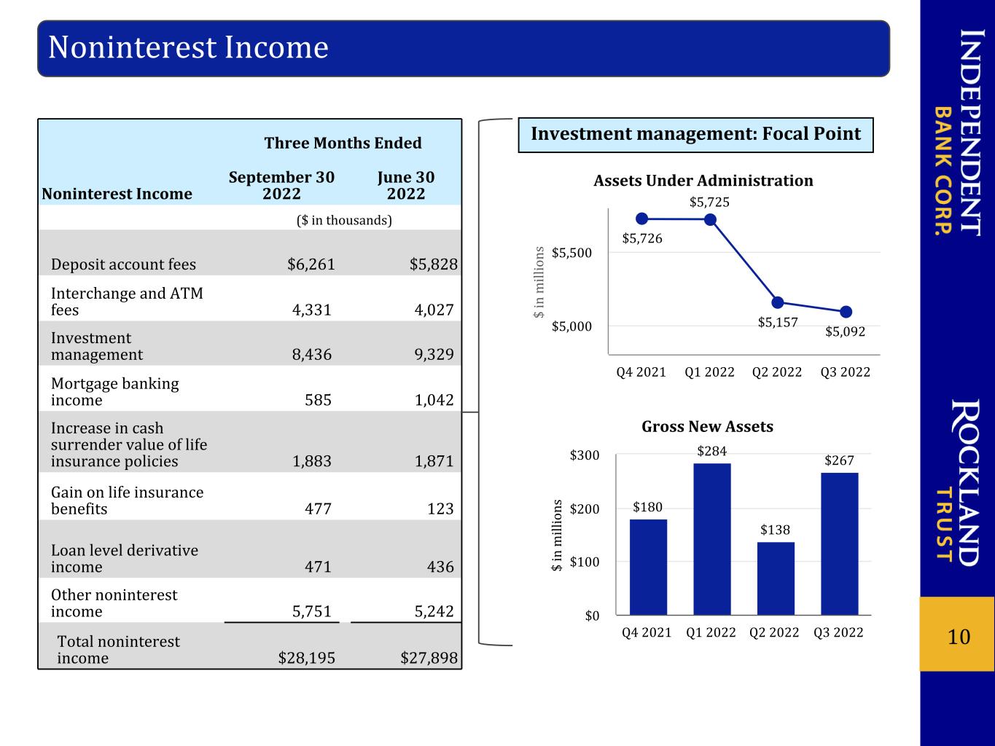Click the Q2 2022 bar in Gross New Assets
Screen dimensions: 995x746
[776, 578]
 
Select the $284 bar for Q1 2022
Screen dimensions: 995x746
[712, 539]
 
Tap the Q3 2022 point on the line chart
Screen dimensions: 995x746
[846, 312]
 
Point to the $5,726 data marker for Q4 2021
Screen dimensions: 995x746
[642, 219]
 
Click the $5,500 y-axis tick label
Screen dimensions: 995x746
[571, 252]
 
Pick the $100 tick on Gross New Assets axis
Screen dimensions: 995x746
[585, 562]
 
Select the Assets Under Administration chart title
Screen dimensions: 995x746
[703, 180]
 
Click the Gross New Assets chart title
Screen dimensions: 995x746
[707, 426]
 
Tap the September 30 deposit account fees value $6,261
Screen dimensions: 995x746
[311, 264]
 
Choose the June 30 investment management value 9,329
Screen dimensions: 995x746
[434, 354]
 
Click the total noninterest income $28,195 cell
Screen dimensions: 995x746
[306, 658]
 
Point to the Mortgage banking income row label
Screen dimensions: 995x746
[114, 392]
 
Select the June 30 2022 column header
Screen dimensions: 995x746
[406, 185]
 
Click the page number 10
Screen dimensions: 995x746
[959, 637]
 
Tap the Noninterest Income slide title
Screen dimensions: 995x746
[188, 47]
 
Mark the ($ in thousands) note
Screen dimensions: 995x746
[344, 220]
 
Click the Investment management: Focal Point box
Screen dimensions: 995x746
[695, 135]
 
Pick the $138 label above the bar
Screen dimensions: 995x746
[775, 530]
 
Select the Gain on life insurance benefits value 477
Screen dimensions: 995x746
[318, 509]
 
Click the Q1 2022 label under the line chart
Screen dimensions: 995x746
[709, 372]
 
